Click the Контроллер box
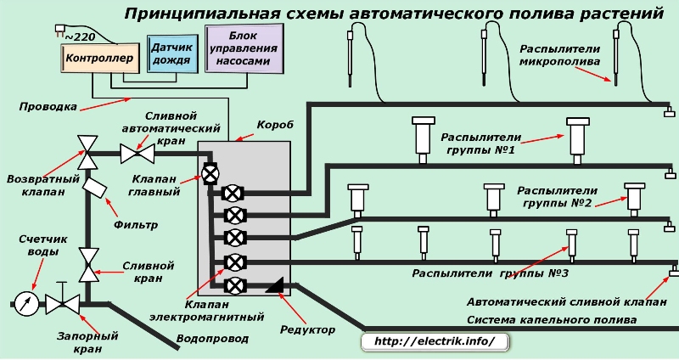point(95,59)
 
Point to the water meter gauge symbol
point(25,302)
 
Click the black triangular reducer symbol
point(274,289)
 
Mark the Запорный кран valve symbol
point(62,302)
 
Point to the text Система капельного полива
point(551,320)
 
